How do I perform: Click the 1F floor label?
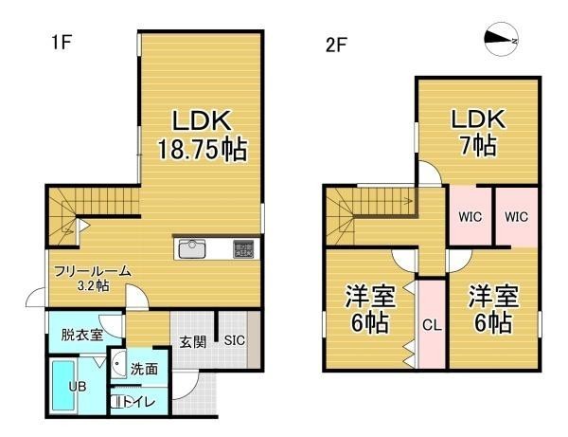click(x=61, y=43)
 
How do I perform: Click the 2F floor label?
click(x=336, y=46)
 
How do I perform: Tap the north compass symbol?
click(x=502, y=39)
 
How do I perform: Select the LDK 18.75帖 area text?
click(x=203, y=136)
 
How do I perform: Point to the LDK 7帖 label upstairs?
click(x=478, y=132)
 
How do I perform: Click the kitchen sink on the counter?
click(x=191, y=248)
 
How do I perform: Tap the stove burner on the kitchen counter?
click(x=243, y=249)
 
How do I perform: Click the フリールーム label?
click(x=93, y=271)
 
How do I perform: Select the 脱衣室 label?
click(x=81, y=335)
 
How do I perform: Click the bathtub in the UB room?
click(x=62, y=385)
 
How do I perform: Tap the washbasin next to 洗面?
click(x=117, y=364)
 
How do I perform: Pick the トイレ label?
click(x=139, y=402)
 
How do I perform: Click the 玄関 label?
click(x=193, y=341)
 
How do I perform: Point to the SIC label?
click(x=235, y=341)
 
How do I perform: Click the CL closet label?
click(x=432, y=325)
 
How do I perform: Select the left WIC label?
click(x=470, y=217)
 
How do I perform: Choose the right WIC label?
click(x=516, y=217)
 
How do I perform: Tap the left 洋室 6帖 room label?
click(x=370, y=309)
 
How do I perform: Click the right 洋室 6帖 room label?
click(x=493, y=309)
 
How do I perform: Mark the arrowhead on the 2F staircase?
click(x=410, y=200)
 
